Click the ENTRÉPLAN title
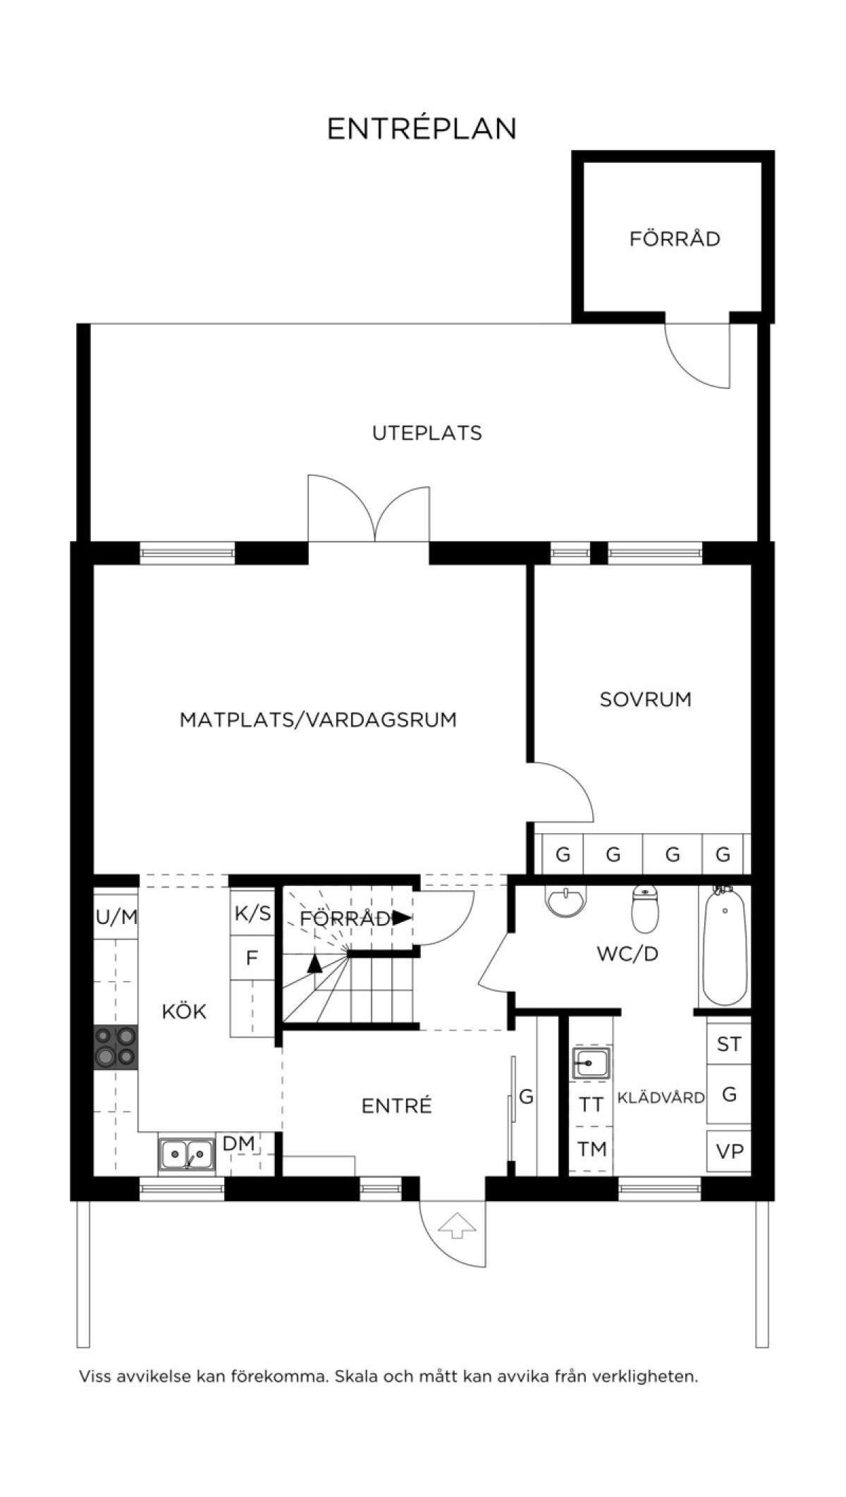pos(422,128)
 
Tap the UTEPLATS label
pos(427,433)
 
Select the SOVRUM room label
pos(646,699)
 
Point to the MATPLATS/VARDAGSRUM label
pos(318,720)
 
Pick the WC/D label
pos(627,954)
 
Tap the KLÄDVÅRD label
pos(661,1097)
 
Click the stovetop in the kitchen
pos(116,1047)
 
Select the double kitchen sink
pos(187,1154)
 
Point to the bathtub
pos(725,946)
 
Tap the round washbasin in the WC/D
pos(566,901)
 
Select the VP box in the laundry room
pos(729,1151)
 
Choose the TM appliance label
pos(592,1150)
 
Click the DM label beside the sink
pos(238,1143)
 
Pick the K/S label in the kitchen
pos(252,913)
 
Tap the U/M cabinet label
pos(116,917)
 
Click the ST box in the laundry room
pos(729,1044)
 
